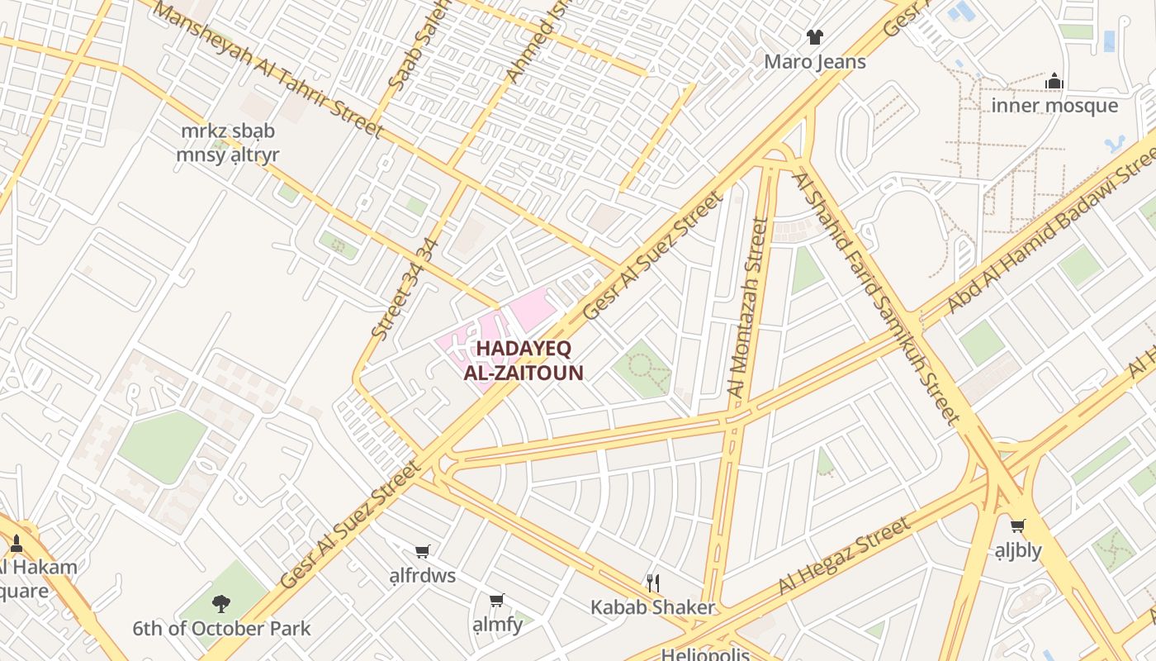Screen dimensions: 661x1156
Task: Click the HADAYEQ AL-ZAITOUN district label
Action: pyautogui.click(x=524, y=360)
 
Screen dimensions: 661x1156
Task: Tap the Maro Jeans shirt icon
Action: pyautogui.click(x=815, y=36)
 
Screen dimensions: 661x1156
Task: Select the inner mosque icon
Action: pyautogui.click(x=1054, y=81)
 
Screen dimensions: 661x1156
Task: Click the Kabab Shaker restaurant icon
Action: pyautogui.click(x=653, y=583)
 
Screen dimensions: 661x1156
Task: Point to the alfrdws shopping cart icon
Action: pyautogui.click(x=423, y=551)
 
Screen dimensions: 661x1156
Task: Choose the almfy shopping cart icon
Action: pyautogui.click(x=496, y=601)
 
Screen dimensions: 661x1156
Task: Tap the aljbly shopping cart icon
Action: pyautogui.click(x=1018, y=525)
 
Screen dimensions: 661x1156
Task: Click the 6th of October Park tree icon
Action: pyautogui.click(x=220, y=604)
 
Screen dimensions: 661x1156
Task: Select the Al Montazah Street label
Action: pyautogui.click(x=747, y=307)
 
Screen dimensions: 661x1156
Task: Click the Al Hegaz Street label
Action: pyautogui.click(x=844, y=556)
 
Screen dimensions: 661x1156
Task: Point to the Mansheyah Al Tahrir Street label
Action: pyautogui.click(x=268, y=70)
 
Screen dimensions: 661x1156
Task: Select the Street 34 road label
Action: pyautogui.click(x=402, y=290)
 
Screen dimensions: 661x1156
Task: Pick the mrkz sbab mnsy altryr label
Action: pyautogui.click(x=228, y=143)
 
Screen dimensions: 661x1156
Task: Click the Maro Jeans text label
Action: pyautogui.click(x=815, y=62)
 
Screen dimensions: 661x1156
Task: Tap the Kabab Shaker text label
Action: pyautogui.click(x=652, y=608)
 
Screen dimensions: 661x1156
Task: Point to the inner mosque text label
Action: pyautogui.click(x=1054, y=106)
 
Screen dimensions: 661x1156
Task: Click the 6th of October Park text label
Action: pyautogui.click(x=221, y=629)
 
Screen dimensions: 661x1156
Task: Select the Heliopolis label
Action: pyautogui.click(x=705, y=655)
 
